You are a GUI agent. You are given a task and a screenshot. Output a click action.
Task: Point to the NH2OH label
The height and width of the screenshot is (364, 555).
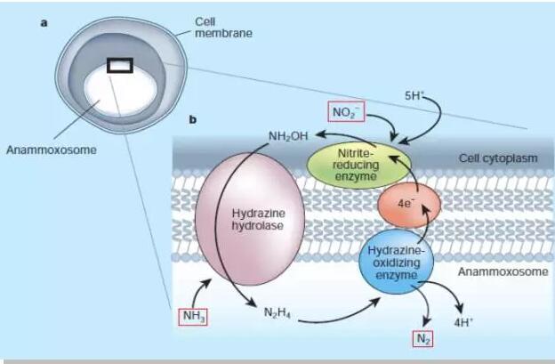click(x=287, y=136)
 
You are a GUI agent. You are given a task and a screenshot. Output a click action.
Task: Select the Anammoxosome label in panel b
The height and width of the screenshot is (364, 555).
click(x=503, y=271)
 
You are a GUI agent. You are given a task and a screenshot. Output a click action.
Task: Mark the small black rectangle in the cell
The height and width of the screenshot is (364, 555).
click(x=120, y=65)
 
